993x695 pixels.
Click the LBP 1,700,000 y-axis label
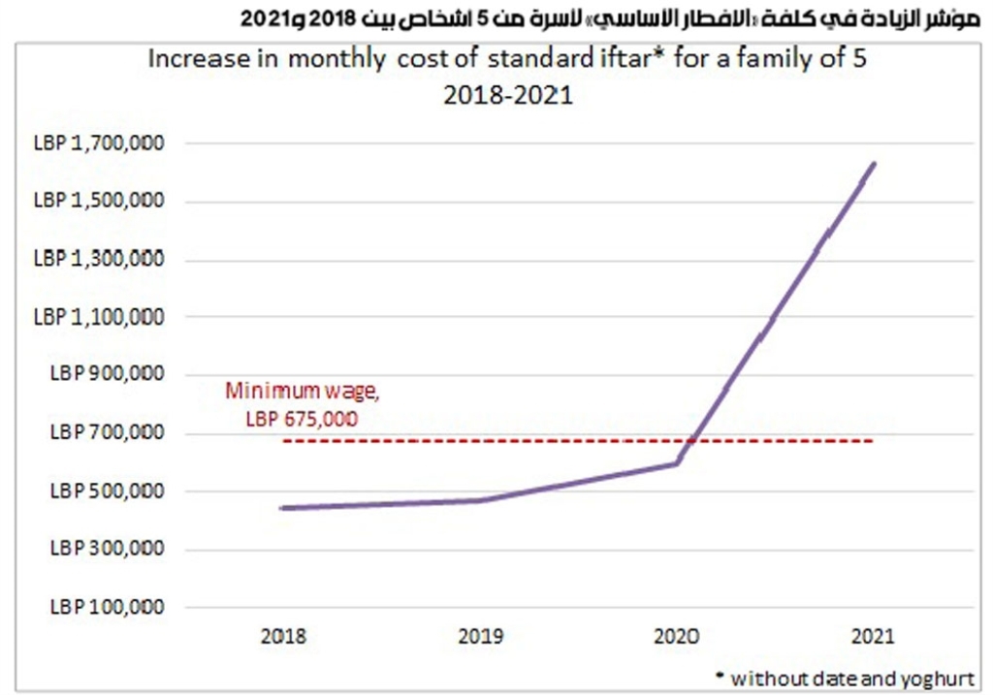[99, 143]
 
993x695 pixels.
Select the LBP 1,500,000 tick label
[99, 200]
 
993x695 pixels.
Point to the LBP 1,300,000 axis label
[99, 258]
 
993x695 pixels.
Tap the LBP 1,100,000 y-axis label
[99, 317]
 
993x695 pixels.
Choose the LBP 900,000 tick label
[107, 373]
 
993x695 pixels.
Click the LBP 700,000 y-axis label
[107, 432]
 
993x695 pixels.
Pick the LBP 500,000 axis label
[107, 490]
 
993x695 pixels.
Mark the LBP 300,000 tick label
[107, 548]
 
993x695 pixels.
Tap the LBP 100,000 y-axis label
[107, 607]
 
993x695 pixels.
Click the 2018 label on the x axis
[283, 636]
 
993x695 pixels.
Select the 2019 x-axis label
[481, 636]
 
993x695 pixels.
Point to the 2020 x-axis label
[677, 636]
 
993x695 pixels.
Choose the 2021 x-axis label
[873, 636]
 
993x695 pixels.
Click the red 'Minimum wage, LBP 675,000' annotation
[303, 404]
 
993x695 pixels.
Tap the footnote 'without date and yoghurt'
[851, 679]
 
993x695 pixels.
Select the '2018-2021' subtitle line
[508, 96]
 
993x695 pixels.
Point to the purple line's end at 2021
[874, 164]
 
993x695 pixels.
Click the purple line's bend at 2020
[677, 462]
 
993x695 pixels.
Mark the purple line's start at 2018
[282, 508]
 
